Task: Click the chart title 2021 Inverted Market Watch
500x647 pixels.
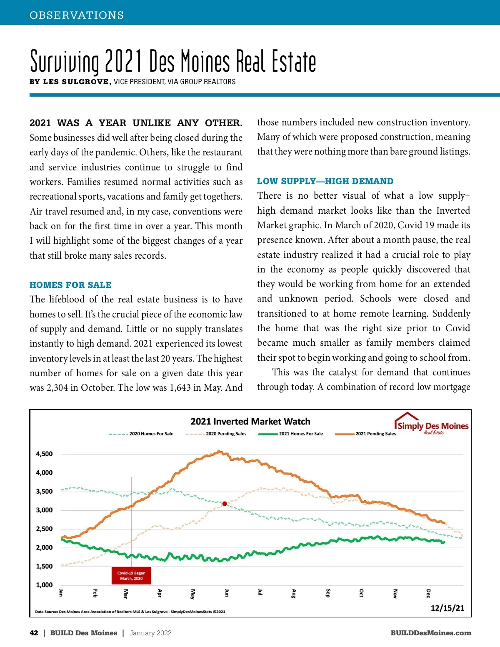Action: [250, 421]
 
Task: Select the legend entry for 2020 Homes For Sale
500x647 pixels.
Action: [151, 434]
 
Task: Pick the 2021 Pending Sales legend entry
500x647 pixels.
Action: [375, 434]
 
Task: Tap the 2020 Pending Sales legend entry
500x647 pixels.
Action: [226, 434]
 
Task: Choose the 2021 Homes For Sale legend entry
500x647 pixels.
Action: [301, 434]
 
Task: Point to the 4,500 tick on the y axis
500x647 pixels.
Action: [44, 454]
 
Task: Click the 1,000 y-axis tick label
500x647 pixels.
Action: [44, 585]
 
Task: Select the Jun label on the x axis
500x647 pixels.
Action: [227, 593]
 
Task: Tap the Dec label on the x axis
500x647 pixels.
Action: [428, 593]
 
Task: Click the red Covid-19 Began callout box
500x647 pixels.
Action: [131, 576]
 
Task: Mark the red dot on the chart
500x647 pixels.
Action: [225, 504]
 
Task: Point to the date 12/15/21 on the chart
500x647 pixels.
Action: [447, 608]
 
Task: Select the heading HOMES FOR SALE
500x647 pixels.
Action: [70, 285]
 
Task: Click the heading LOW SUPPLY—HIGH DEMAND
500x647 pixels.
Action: [325, 181]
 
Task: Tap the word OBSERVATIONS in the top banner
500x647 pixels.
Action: [77, 15]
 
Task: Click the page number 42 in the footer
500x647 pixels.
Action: [34, 633]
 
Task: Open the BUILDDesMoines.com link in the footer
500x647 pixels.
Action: [431, 633]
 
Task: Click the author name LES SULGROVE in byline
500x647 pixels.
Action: [77, 82]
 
